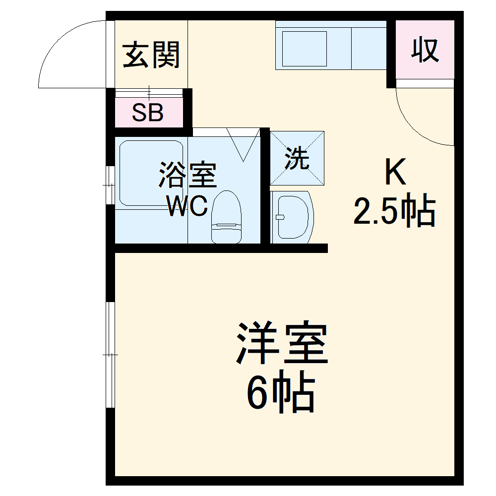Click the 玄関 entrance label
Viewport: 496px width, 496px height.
click(x=151, y=55)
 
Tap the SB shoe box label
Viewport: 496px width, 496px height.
click(x=148, y=113)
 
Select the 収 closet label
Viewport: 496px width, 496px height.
click(x=426, y=50)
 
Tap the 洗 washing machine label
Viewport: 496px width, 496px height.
click(x=297, y=159)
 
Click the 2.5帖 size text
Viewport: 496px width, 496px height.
click(x=394, y=211)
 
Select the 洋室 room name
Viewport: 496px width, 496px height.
click(x=282, y=343)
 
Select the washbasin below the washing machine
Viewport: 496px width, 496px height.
click(x=293, y=217)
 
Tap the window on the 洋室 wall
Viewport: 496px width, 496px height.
click(x=111, y=355)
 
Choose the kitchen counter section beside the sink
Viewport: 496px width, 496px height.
click(x=369, y=48)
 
